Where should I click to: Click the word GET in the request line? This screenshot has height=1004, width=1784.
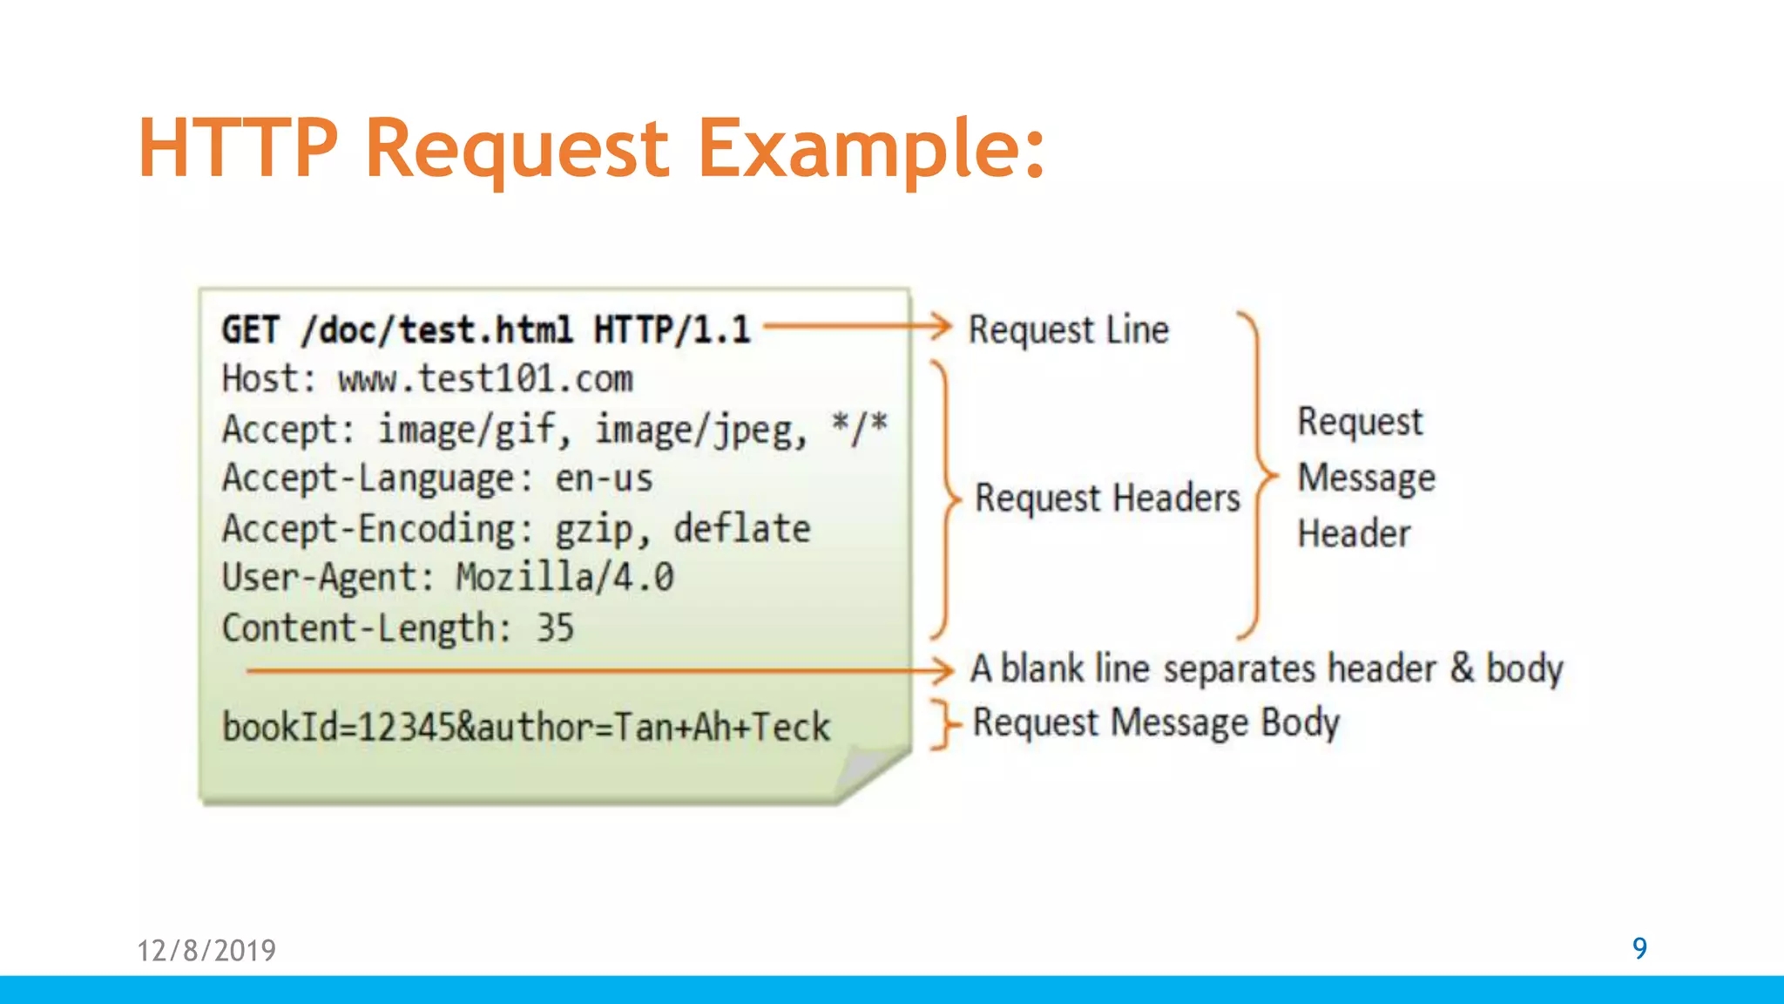pos(250,330)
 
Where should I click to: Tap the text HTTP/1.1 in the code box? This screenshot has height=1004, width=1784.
pos(672,330)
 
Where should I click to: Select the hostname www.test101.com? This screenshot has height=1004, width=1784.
pos(485,379)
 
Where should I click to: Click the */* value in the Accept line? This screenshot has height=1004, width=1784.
pos(859,428)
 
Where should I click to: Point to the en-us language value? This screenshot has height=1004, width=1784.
pos(604,478)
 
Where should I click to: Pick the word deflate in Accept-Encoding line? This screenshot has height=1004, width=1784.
pos(742,528)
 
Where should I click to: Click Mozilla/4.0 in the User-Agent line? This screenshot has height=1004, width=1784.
pos(564,578)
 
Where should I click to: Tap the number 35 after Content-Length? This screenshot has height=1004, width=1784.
pos(555,627)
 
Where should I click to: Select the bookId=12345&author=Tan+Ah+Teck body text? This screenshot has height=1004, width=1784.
pos(526,727)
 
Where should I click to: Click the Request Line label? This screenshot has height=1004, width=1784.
pos(1068,330)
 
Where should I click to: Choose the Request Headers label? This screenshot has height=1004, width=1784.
pos(1107,498)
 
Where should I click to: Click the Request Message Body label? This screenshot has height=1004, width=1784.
pos(1156,723)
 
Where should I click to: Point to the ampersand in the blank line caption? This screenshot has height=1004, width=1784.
pos(1462,668)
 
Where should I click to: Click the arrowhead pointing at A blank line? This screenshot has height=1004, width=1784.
pos(943,670)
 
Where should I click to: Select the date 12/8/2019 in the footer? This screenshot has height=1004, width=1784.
pos(206,950)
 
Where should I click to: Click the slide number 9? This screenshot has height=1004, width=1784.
pos(1639,948)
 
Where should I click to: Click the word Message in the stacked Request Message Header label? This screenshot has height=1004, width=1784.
pos(1366,478)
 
